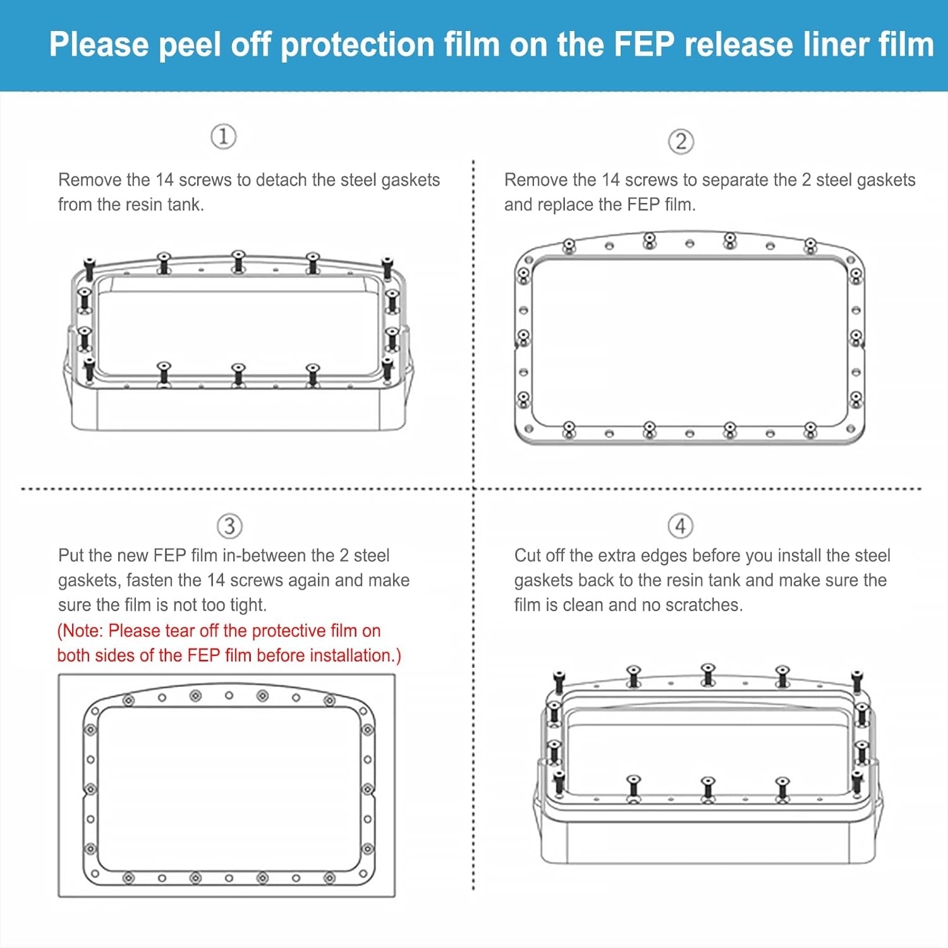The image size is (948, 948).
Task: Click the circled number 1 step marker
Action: (x=223, y=137)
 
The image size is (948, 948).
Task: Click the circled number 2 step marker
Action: (x=681, y=141)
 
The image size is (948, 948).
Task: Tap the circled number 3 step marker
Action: (x=229, y=526)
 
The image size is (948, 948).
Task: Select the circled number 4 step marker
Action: (x=680, y=526)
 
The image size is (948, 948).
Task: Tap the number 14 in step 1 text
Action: (x=164, y=180)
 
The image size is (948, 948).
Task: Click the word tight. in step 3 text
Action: (x=248, y=605)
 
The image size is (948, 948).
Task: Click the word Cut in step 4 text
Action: (x=528, y=556)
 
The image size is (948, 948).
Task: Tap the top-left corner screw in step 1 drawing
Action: (x=89, y=268)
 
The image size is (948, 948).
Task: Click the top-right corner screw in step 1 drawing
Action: (x=387, y=267)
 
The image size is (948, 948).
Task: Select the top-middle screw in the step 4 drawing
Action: (x=708, y=674)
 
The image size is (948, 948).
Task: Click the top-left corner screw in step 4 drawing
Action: (x=558, y=681)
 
